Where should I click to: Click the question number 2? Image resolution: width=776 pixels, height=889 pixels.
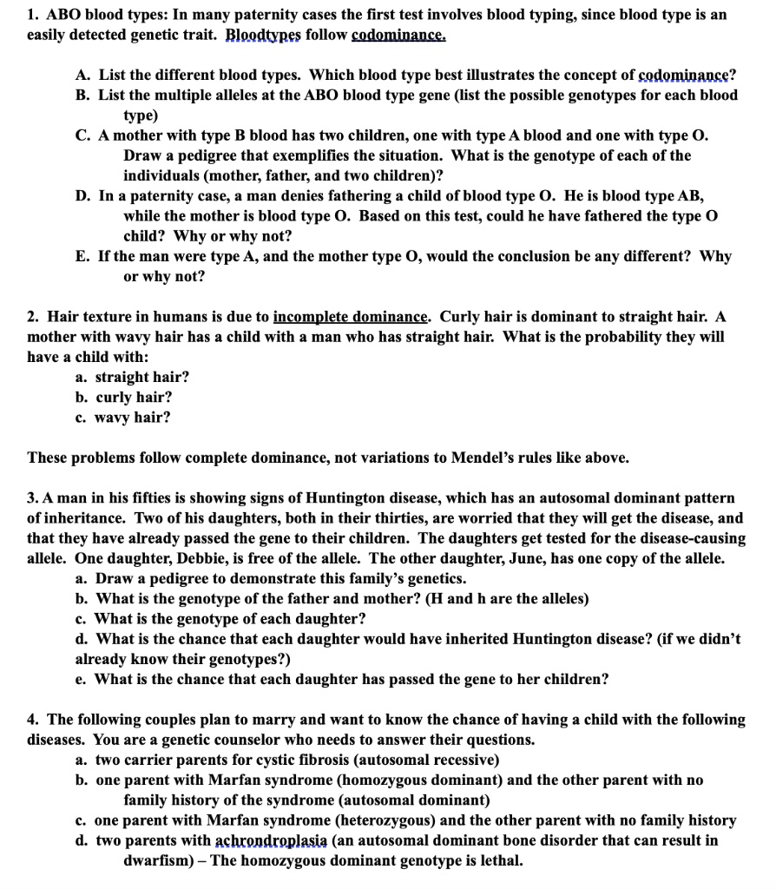pyautogui.click(x=33, y=316)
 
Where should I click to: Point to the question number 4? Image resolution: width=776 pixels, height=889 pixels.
pyautogui.click(x=33, y=720)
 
